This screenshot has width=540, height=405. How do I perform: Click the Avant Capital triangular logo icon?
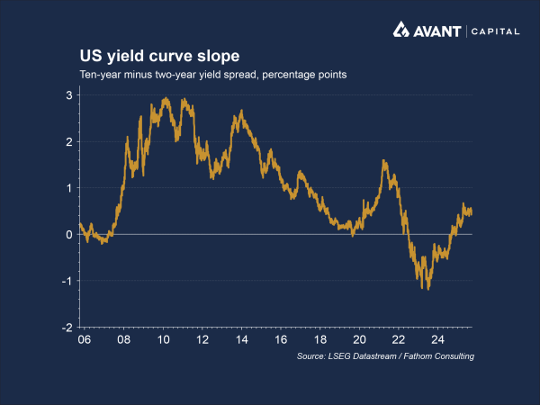point(402,31)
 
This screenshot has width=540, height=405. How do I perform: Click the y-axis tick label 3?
point(69,94)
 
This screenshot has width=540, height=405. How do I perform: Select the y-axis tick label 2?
point(69,141)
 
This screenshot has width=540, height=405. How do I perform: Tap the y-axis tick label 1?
point(69,188)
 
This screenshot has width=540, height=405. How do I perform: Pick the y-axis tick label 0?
point(69,234)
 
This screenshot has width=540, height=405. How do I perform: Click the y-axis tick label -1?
point(67,281)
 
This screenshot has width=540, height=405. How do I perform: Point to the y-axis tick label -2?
point(67,328)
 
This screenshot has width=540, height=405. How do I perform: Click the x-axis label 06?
point(85,341)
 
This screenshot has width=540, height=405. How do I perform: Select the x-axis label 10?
point(163,341)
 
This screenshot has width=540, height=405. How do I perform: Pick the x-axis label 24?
point(437,341)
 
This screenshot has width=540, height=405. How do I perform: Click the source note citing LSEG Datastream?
point(385,357)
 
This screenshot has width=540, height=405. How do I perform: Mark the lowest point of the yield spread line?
point(428,289)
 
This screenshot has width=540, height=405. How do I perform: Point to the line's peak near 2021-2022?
point(384,161)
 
